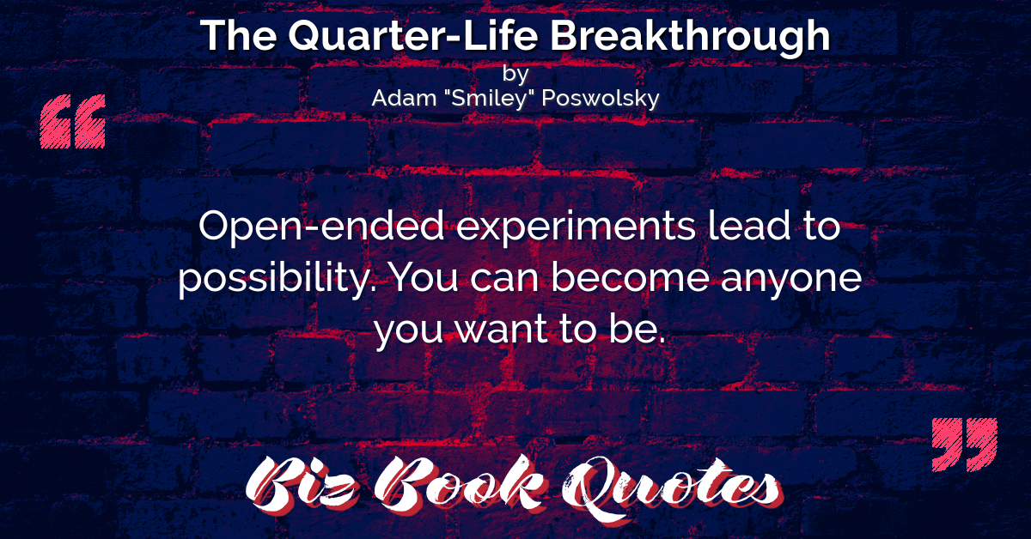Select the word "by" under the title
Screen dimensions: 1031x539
click(x=515, y=75)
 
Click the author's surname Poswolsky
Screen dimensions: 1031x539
click(x=601, y=99)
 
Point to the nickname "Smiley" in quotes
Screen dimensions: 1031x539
click(x=489, y=99)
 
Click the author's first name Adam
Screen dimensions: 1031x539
click(x=404, y=98)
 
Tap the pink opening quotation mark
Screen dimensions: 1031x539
click(x=73, y=121)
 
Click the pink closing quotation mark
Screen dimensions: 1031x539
click(x=964, y=445)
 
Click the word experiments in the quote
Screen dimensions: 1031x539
click(x=576, y=227)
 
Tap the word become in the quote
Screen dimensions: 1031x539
click(x=630, y=276)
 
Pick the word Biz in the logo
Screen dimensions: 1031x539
click(x=302, y=485)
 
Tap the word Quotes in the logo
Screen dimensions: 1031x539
click(x=672, y=488)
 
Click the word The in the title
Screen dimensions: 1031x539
click(x=239, y=36)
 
